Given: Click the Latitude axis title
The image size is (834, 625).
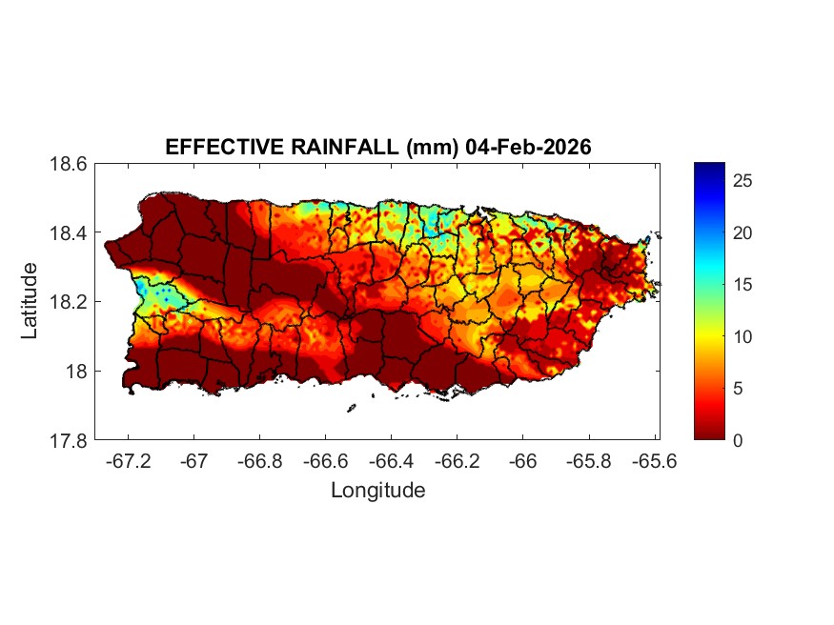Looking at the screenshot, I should click(31, 301).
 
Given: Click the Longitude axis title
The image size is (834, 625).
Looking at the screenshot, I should click(377, 491).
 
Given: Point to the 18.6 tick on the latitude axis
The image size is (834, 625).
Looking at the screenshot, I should click(69, 164).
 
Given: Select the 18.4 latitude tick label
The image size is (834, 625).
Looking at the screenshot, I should click(69, 233).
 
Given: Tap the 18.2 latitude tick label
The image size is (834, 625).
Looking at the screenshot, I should click(69, 302).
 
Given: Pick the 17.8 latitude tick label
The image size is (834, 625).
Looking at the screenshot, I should click(69, 440).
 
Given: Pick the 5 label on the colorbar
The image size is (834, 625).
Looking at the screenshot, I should click(741, 388).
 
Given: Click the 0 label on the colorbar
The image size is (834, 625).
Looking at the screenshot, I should click(741, 439).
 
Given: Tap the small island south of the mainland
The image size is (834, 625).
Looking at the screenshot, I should click(351, 408).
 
